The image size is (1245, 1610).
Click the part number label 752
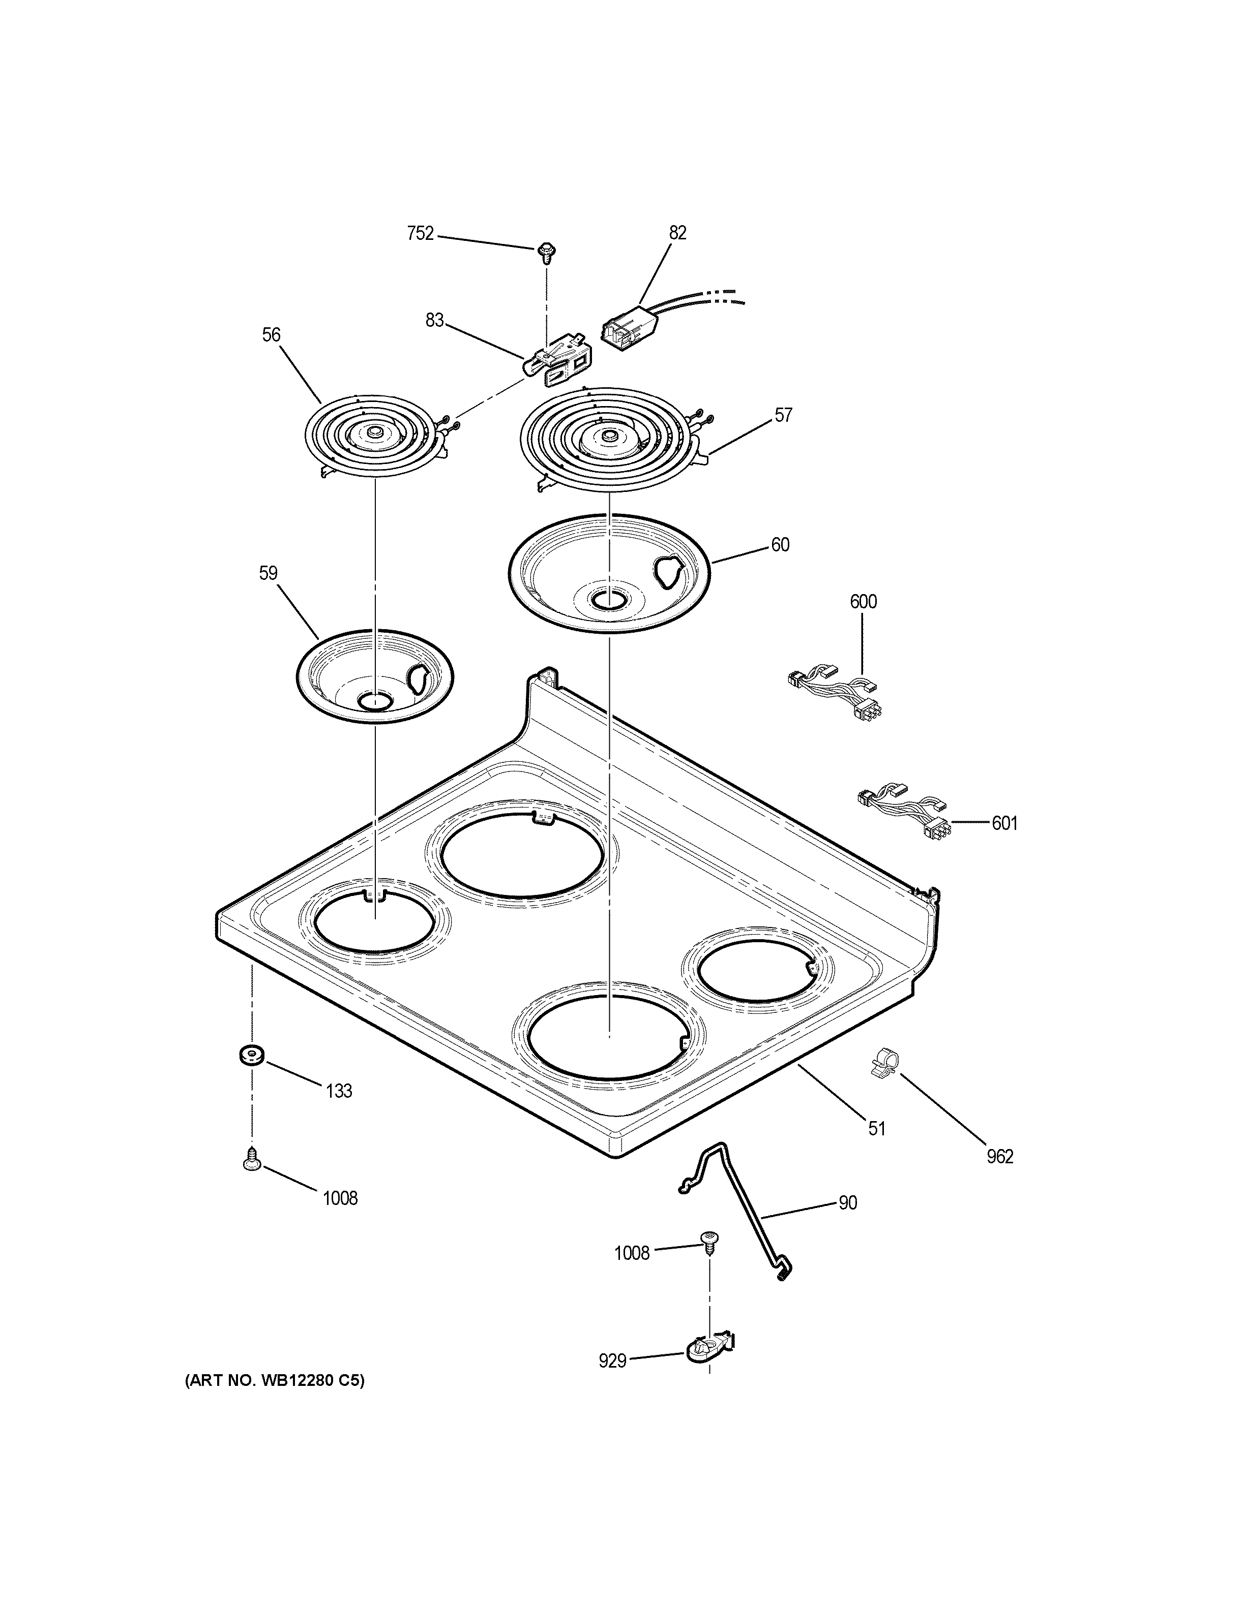[421, 234]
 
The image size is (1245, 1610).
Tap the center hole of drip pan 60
[608, 602]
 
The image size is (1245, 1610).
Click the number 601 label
[1004, 823]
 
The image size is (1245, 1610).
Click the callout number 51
[876, 1129]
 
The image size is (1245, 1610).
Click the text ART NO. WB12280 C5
[274, 1381]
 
